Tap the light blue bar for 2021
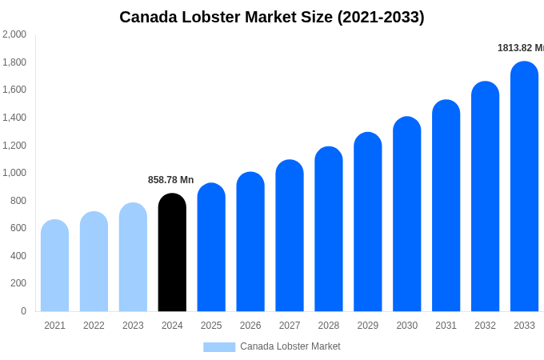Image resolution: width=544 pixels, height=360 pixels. tap(54, 266)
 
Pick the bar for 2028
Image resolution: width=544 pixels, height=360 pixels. tap(328, 230)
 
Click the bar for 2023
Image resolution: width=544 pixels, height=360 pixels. tap(133, 258)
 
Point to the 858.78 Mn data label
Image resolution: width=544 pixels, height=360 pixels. tap(170, 180)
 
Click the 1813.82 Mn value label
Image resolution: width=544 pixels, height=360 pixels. tap(520, 48)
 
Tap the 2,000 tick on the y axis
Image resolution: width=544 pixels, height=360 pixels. tap(14, 34)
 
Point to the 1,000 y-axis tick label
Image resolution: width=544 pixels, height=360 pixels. tap(14, 173)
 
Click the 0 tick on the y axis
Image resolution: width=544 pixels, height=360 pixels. tap(23, 311)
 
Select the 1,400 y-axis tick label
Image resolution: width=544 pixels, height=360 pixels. tap(14, 118)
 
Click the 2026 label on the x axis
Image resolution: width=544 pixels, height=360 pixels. tap(250, 326)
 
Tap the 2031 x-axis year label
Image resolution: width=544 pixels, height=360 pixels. tap(446, 326)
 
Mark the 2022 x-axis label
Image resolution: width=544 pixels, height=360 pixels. tap(94, 326)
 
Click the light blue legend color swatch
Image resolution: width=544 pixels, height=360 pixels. tap(219, 347)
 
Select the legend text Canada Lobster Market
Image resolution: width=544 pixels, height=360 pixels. tap(290, 346)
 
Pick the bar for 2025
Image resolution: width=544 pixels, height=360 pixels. tap(211, 248)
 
